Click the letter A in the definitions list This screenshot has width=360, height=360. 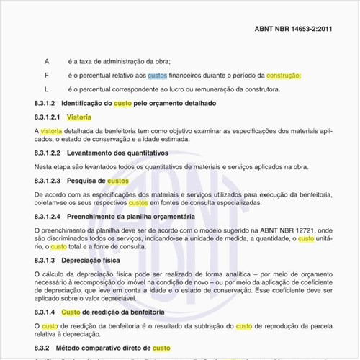click(x=47, y=62)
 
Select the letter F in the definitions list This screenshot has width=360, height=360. click(x=47, y=76)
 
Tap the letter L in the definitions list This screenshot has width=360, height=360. click(x=47, y=89)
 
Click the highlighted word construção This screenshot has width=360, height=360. click(x=283, y=76)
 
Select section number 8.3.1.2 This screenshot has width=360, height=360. click(x=48, y=103)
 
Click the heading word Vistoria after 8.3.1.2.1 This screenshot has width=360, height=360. click(x=79, y=117)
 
